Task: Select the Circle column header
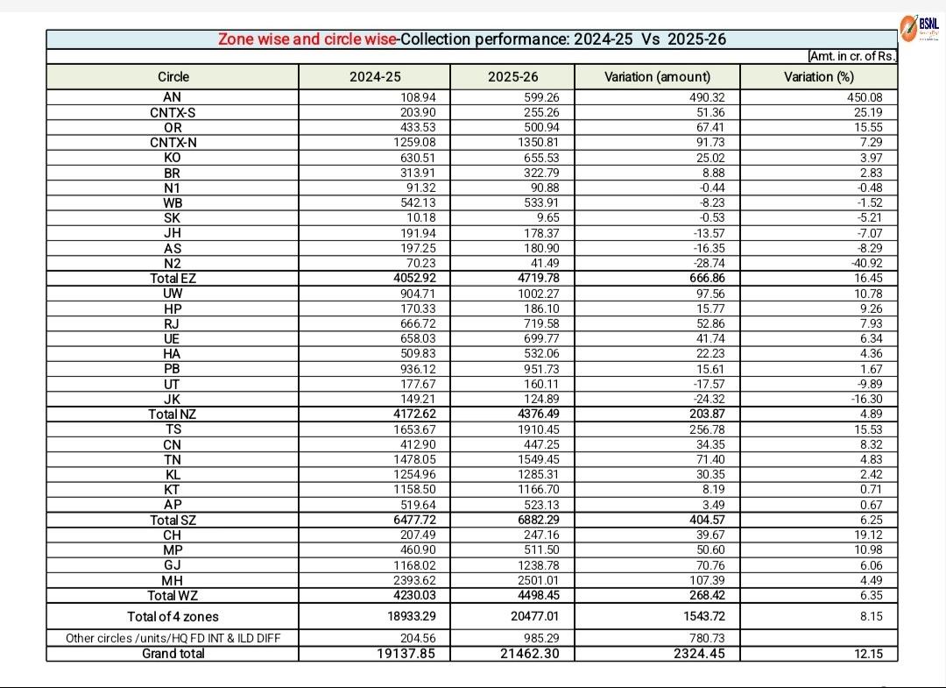173,77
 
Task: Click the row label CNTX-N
173,142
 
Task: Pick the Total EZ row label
173,279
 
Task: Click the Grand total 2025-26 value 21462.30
525,654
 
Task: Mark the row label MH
173,581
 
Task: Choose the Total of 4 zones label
173,616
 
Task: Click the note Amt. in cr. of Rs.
852,56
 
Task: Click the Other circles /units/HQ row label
173,638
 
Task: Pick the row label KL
173,475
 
